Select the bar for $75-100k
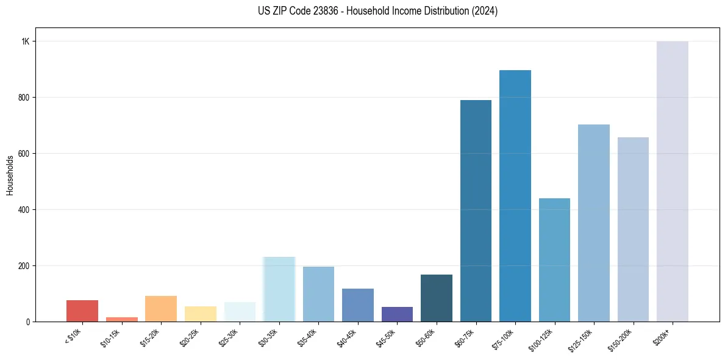click(515, 196)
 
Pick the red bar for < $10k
click(82, 311)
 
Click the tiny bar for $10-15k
click(121, 319)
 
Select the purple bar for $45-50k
click(397, 314)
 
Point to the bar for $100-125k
click(554, 260)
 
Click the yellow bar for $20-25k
click(200, 314)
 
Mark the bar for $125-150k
click(593, 223)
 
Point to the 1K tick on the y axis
click(25, 41)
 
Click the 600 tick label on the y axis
click(24, 154)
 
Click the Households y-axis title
click(10, 175)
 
